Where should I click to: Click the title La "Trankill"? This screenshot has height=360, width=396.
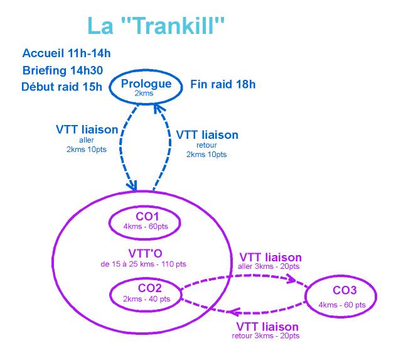tap(156, 25)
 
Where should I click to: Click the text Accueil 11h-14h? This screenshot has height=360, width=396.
tap(67, 53)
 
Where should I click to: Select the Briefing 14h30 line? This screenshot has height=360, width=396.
tap(63, 70)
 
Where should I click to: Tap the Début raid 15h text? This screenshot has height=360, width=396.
tap(62, 87)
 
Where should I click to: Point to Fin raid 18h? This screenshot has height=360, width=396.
tap(223, 84)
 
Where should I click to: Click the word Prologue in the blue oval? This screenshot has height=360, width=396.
tap(146, 84)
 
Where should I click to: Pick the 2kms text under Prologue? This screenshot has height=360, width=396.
tap(144, 93)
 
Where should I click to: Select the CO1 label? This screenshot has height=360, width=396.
tap(147, 217)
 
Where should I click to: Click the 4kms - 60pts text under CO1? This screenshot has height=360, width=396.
tap(146, 226)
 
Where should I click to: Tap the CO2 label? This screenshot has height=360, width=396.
tap(149, 288)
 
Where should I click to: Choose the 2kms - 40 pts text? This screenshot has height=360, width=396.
tap(146, 299)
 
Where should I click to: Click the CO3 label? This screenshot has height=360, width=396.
tap(345, 290)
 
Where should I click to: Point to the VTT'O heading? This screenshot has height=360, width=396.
tap(146, 254)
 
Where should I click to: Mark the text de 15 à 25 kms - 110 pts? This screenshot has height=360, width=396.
tap(143, 264)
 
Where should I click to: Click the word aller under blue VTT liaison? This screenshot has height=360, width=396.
tap(87, 140)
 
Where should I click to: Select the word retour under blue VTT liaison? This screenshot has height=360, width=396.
tap(206, 145)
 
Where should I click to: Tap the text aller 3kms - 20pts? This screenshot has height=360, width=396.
tap(269, 266)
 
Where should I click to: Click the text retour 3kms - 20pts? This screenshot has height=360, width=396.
tap(265, 336)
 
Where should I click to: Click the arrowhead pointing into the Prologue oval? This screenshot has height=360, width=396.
tap(158, 108)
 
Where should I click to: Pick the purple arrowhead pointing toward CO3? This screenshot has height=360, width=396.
tap(291, 279)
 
